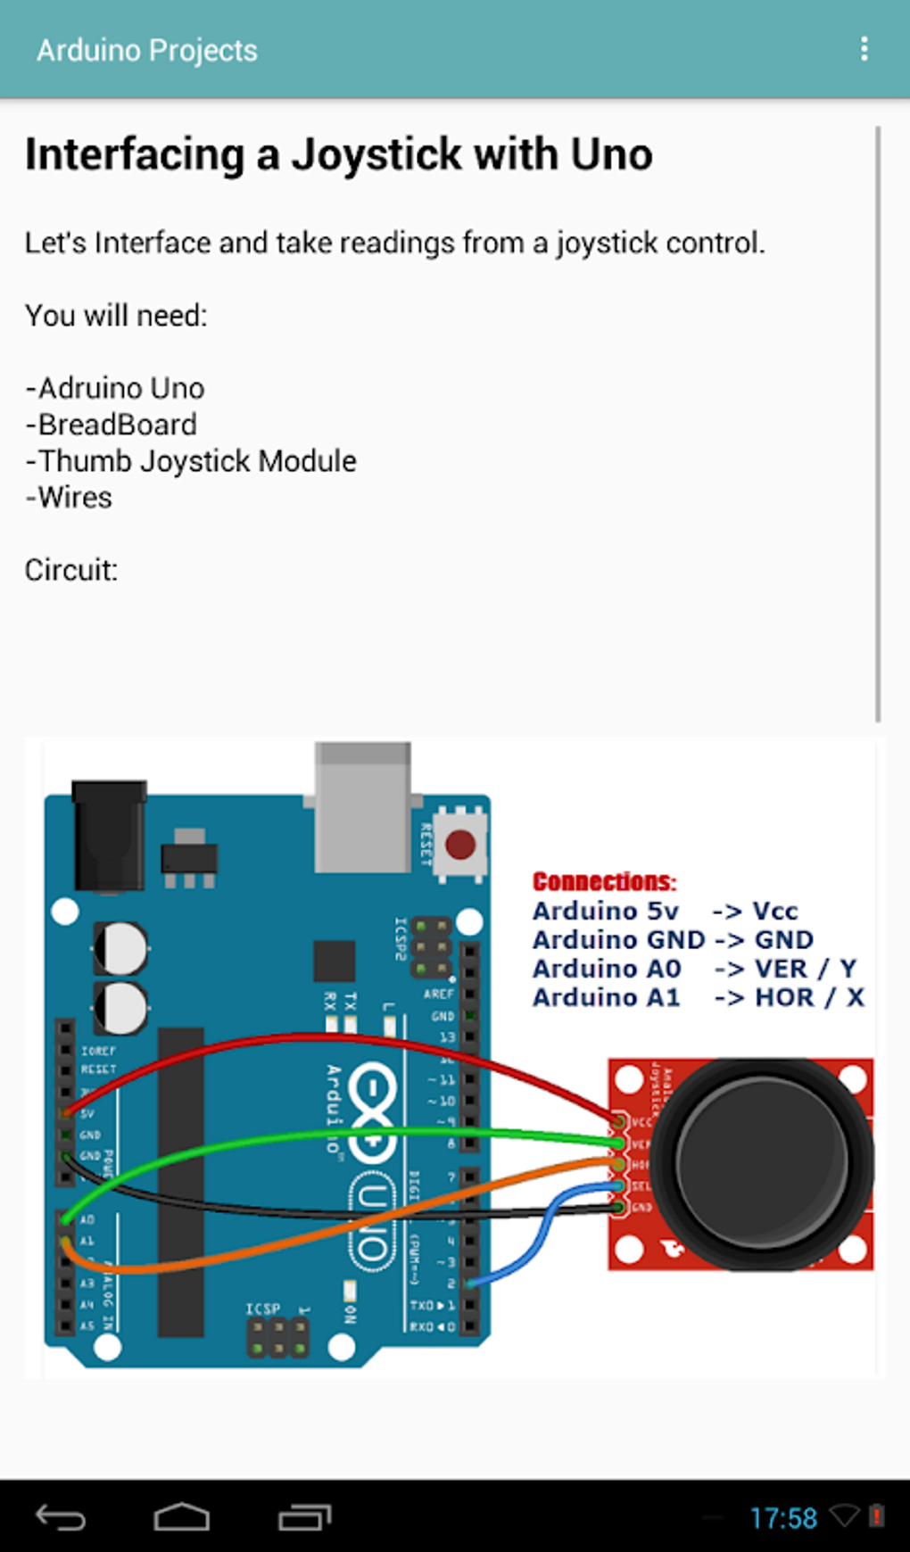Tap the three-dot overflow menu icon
(x=864, y=49)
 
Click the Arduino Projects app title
(x=146, y=51)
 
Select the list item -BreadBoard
(x=112, y=425)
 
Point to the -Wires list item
(x=69, y=497)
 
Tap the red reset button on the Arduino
(x=460, y=844)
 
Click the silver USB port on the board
(x=362, y=807)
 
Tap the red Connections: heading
(x=604, y=881)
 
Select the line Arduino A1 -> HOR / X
(x=698, y=997)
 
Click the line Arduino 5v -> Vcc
(x=665, y=911)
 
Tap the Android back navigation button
(x=61, y=1517)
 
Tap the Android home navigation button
(x=182, y=1517)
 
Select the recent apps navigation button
(x=304, y=1517)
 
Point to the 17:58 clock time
(x=783, y=1518)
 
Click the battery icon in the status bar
(x=877, y=1515)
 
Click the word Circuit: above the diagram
(x=71, y=570)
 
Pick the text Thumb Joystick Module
(x=196, y=461)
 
